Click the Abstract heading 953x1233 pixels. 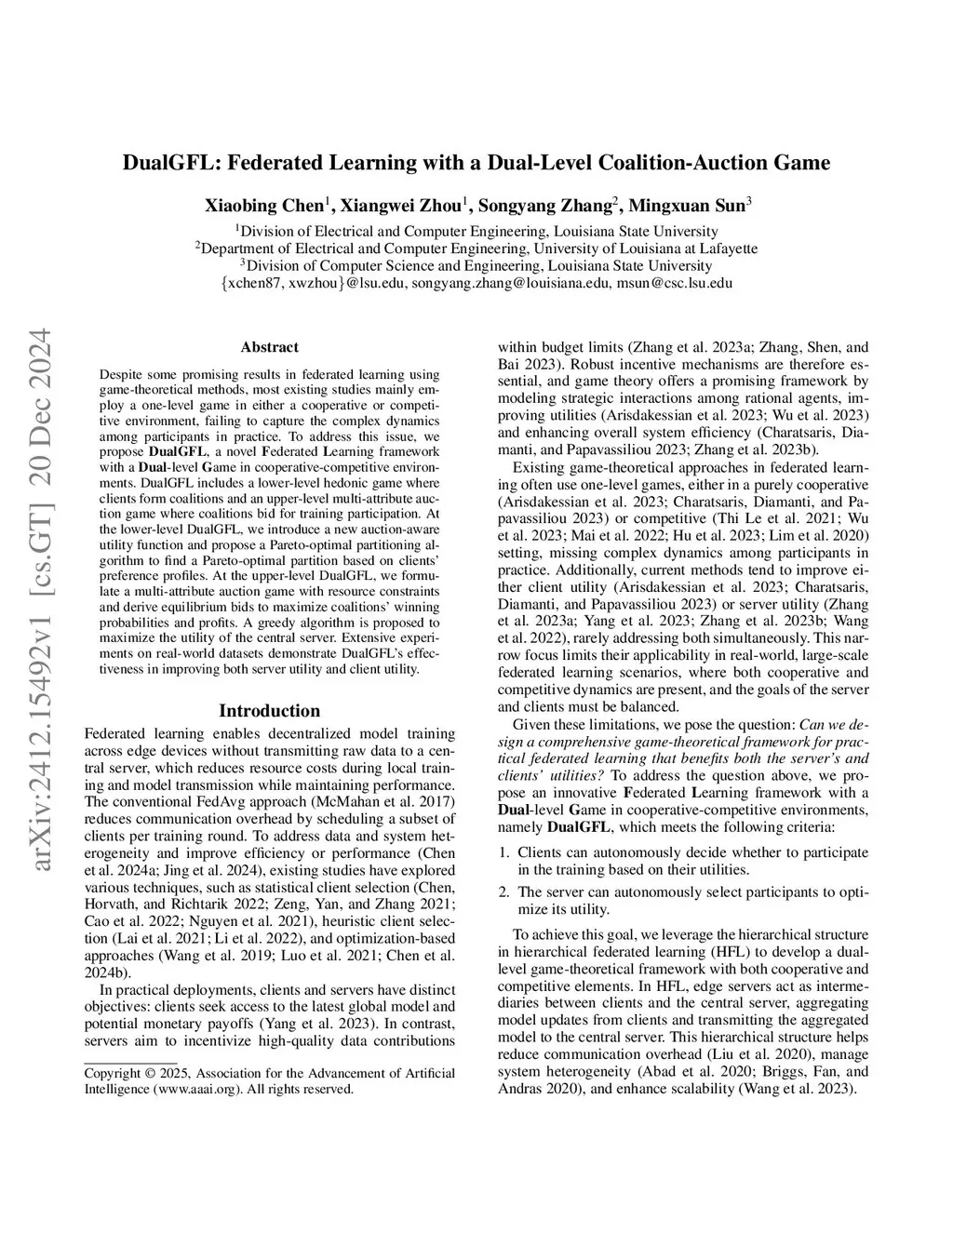pos(269,347)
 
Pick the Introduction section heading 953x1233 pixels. pos(269,711)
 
